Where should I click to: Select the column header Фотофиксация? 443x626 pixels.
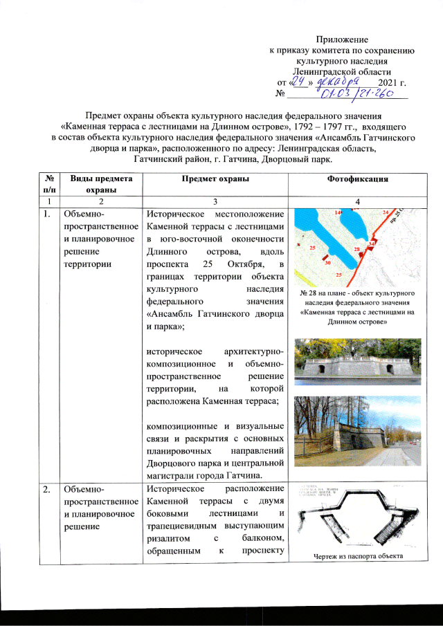[x=355, y=179]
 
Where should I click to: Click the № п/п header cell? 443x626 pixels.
[x=48, y=184]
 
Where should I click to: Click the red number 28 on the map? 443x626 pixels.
[x=357, y=248]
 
